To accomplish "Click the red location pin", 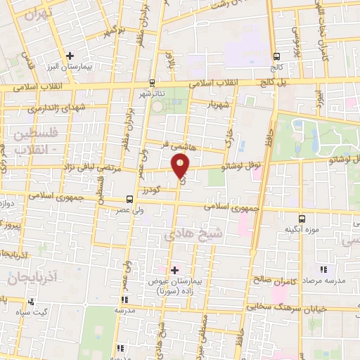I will point(181,167).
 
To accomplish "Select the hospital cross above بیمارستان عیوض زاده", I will point(174,269).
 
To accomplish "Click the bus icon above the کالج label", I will point(277,57).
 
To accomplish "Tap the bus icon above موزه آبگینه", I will point(302,218).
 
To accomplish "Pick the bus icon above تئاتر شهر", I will point(153,82).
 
